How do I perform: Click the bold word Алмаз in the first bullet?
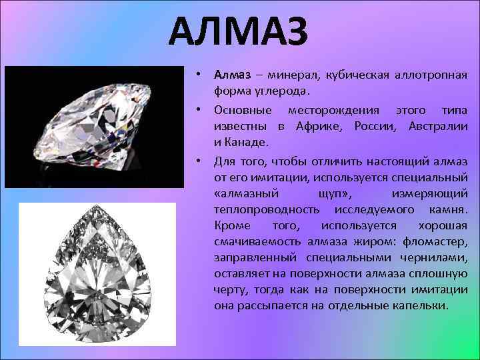[230, 74]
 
